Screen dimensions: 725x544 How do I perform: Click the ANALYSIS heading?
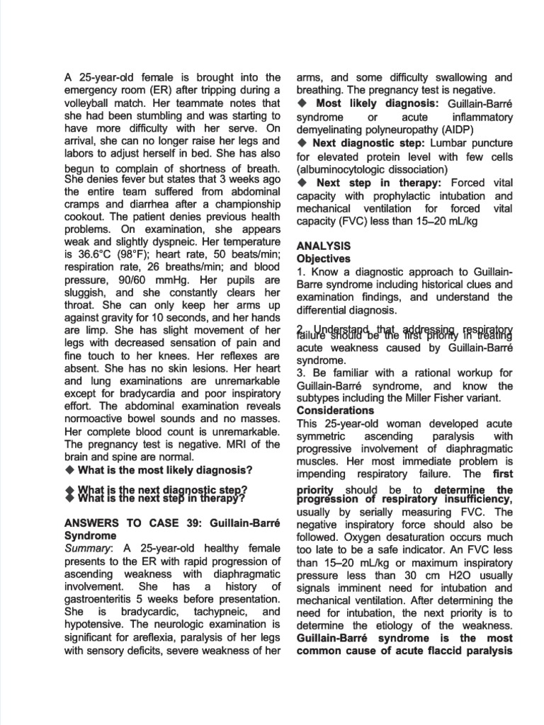pos(323,246)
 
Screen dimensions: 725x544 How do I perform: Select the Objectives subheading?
pos(323,259)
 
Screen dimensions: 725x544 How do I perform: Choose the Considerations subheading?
pos(335,411)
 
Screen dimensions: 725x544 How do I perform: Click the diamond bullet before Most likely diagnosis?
pos(301,103)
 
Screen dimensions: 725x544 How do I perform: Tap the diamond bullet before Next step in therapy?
pos(301,183)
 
